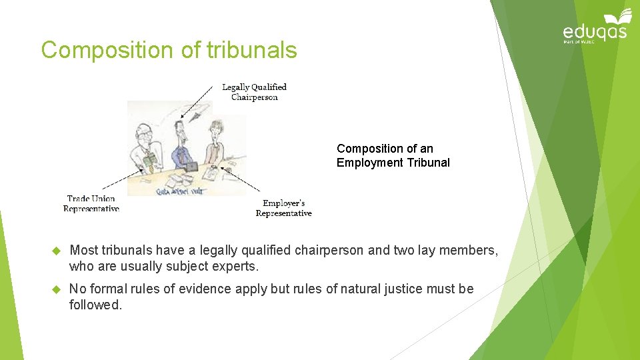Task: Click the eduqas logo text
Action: pyautogui.click(x=595, y=32)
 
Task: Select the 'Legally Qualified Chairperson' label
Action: pyautogui.click(x=254, y=92)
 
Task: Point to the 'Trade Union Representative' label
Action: pyautogui.click(x=91, y=203)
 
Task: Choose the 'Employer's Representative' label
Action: pyautogui.click(x=283, y=208)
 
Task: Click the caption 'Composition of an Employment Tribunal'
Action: pyautogui.click(x=393, y=155)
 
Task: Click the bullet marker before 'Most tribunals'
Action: pyautogui.click(x=56, y=251)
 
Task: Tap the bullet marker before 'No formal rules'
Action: pyautogui.click(x=56, y=289)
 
